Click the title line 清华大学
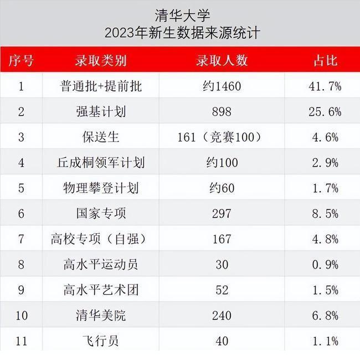coord(180,12)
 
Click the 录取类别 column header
coord(100,60)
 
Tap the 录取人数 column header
coord(222,60)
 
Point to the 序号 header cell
coord(21,60)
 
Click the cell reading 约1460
coord(222,86)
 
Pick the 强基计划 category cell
coord(100,111)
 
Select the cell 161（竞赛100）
coord(222,137)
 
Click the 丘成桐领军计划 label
coord(100,162)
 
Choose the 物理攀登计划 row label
coord(100,188)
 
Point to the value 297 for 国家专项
coord(222,213)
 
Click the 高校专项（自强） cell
coord(100,239)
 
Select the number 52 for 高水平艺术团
coord(222,290)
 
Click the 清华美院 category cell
coord(100,315)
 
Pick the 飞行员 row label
coord(100,341)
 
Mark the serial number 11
coord(21,341)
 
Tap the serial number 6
coord(21,213)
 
